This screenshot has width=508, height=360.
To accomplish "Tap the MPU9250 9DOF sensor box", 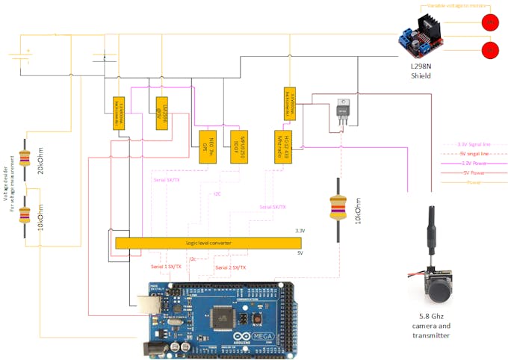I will (x=232, y=141).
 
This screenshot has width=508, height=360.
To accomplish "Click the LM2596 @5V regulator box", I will (x=161, y=113).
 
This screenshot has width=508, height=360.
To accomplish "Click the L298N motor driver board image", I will (x=421, y=36).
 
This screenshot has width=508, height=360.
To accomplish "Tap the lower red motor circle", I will (x=490, y=51).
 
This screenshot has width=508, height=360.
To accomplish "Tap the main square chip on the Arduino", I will (x=223, y=317).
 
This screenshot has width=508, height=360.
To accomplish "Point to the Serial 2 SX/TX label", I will (x=230, y=267).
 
